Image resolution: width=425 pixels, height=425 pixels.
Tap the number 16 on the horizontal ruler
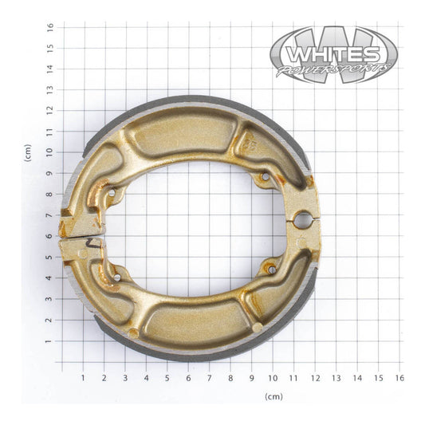399,377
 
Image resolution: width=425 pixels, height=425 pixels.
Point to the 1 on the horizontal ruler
84,377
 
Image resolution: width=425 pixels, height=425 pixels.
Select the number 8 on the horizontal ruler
230,377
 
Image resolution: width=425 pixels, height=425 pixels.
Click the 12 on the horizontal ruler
315,377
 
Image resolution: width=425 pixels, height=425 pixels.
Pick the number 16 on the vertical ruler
49,26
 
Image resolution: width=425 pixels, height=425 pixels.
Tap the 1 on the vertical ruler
49,341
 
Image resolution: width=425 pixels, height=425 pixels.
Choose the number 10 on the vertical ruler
49,152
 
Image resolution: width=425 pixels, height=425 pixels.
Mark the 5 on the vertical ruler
49,257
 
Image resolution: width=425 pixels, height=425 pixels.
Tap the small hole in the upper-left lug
111,193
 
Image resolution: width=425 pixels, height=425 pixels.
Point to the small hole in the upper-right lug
264,177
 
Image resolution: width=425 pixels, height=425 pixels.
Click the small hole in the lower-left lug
116,277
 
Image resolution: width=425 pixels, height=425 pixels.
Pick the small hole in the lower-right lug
272,270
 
